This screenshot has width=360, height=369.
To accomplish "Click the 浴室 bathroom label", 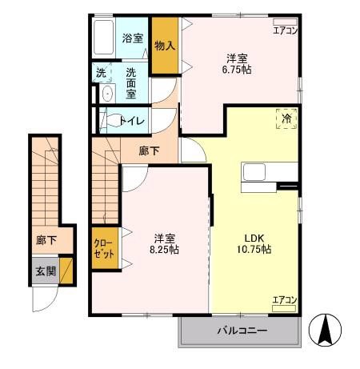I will [x=132, y=38].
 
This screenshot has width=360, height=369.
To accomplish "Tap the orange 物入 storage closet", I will [x=164, y=46].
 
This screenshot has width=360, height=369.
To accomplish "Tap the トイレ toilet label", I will [x=131, y=121].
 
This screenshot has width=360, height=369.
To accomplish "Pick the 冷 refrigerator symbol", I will [x=286, y=119].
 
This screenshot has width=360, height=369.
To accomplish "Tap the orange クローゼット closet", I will [x=102, y=249].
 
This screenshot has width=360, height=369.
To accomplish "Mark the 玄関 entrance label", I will [x=45, y=271].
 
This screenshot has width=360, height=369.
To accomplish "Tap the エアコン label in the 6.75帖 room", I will [x=285, y=30].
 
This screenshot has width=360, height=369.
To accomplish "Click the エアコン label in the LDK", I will [x=284, y=300].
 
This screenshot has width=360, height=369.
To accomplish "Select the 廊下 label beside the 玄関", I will [x=46, y=239].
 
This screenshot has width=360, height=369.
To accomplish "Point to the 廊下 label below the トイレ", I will [x=148, y=150].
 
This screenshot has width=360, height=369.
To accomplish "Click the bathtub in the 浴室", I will [x=104, y=37].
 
